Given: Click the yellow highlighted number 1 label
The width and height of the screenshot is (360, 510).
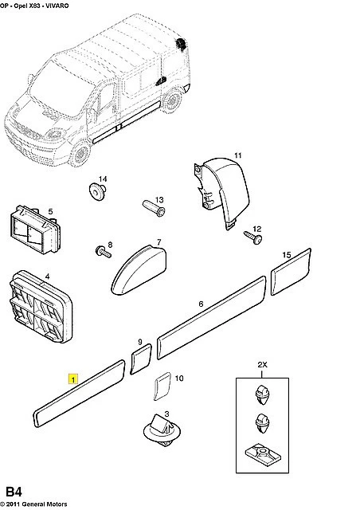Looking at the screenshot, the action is pos(73,379).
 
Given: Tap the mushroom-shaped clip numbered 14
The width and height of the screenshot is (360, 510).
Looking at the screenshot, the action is pos(97,191).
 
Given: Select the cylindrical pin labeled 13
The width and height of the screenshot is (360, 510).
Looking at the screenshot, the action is pos(154,208).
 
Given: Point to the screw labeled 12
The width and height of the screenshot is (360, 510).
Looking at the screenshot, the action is pos(253,237).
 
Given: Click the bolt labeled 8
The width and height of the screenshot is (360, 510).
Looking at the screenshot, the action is pos(103,252).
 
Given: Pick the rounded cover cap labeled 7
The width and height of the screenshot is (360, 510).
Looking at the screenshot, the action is pos(139,269).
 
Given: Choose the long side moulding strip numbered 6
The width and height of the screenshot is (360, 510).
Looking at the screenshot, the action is pos(211,318).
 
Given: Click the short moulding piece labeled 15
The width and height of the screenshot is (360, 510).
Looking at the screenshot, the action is pos(291,272).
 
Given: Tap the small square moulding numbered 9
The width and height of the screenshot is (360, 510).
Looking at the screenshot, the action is pos(141,359).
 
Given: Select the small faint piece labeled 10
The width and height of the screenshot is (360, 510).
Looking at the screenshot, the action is pos(162,386).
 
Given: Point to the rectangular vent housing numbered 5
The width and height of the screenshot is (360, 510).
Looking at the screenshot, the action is pos(36,229).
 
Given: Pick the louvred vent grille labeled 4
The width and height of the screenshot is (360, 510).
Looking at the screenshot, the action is pos(41,306).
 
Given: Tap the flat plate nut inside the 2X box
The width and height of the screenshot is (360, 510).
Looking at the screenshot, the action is pos(263,455).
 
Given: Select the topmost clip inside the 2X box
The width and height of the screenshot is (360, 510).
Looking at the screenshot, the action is pos(262,394).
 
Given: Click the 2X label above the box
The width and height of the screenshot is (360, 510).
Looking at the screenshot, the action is pos(262,365).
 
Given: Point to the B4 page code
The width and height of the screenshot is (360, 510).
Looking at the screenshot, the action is pos(14,492).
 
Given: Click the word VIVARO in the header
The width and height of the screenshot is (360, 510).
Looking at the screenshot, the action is pos(57,6).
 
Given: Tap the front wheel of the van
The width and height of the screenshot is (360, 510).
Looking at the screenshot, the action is pos(80,152).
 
